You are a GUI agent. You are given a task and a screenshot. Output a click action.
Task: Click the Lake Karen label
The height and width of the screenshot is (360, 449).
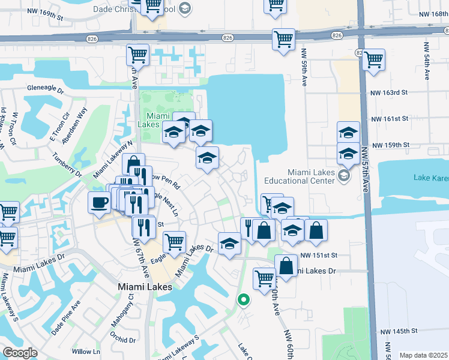pyautogui.click(x=430, y=177)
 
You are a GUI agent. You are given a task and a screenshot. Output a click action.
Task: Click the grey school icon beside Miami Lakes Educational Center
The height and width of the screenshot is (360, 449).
pyautogui.click(x=343, y=176)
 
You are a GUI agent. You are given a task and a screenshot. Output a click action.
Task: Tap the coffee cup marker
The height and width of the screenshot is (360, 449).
pyautogui.click(x=99, y=202)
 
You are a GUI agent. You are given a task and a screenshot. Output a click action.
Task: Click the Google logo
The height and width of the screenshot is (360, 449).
pyautogui.click(x=19, y=353)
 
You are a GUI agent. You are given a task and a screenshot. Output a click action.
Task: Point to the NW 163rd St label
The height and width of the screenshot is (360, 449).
pyautogui.click(x=389, y=93)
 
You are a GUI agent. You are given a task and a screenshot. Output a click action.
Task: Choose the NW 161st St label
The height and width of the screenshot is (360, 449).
pyautogui.click(x=389, y=119)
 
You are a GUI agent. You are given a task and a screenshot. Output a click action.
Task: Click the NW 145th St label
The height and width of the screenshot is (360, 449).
pyautogui.click(x=398, y=331)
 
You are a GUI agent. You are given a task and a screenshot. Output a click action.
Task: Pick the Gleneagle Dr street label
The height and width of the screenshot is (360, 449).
pyautogui.click(x=45, y=88)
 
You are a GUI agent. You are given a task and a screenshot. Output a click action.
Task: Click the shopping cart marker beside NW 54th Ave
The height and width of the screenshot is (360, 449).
pyautogui.click(x=374, y=59)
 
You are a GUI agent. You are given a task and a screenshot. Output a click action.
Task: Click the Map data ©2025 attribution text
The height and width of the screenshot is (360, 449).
pyautogui.click(x=423, y=355)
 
